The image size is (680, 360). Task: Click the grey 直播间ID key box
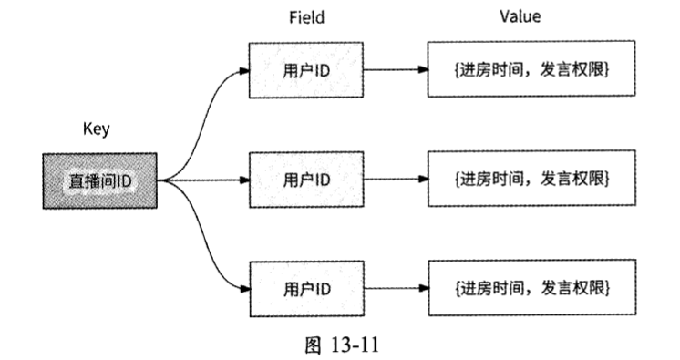[x=100, y=180]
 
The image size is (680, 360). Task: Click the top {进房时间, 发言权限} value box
[x=531, y=69]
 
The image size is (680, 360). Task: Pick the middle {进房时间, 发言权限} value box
[x=531, y=180]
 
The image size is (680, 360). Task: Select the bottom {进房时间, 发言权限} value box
[x=531, y=289]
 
